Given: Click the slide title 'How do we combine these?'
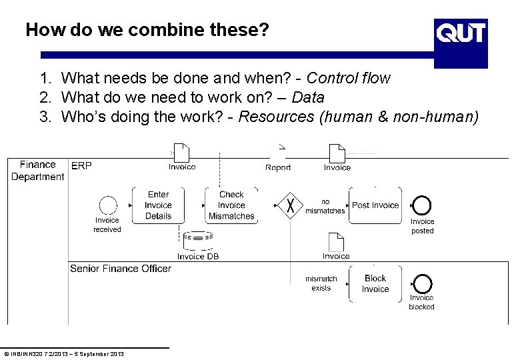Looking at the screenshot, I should (x=147, y=30).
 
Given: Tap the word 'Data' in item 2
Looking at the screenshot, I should (x=308, y=98).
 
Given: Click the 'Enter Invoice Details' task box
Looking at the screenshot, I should (x=158, y=205).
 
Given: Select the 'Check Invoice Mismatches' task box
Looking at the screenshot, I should (x=231, y=205).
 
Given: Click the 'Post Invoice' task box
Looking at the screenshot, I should (x=375, y=205).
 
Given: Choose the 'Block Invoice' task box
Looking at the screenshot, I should (x=375, y=284).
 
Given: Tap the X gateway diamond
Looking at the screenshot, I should (x=291, y=205).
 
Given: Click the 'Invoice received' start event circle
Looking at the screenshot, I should (x=107, y=205).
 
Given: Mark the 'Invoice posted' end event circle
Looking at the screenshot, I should (x=421, y=205).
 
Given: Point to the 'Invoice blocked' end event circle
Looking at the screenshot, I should (x=421, y=284).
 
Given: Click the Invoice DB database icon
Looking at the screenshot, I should (x=197, y=239).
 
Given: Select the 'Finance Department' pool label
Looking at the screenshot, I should (x=37, y=171).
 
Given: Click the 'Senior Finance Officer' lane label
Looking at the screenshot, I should (x=121, y=269).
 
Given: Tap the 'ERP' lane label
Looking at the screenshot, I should (x=81, y=165).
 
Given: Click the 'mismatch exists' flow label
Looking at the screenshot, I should (x=321, y=283).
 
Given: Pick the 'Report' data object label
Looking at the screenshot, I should (x=278, y=168).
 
